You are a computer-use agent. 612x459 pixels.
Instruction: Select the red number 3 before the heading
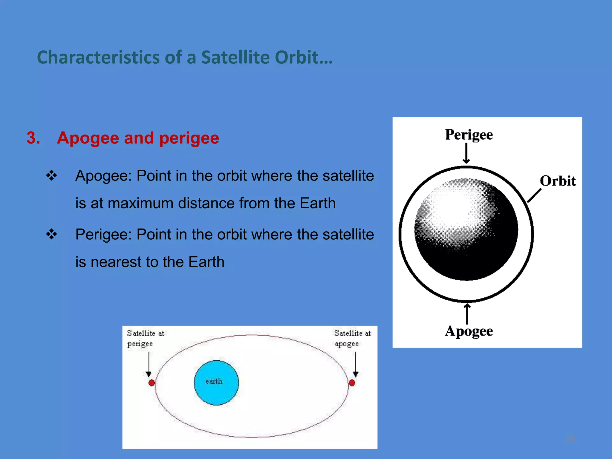pos(33,138)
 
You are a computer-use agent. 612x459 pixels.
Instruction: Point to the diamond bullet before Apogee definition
pos(51,175)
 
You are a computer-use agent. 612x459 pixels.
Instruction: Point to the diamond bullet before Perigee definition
pos(51,234)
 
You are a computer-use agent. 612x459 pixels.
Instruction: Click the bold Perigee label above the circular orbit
pos(469,135)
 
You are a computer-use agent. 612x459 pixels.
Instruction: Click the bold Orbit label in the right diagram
pos(558,181)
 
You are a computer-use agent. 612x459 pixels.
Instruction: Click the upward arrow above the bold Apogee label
pos(467,314)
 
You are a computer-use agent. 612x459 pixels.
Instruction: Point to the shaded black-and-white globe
pos(466,229)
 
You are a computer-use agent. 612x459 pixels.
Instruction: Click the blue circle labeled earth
pos(216,383)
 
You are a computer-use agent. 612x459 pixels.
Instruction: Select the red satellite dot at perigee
pos(152,383)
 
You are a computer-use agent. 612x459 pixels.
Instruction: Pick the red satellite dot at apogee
pos(352,383)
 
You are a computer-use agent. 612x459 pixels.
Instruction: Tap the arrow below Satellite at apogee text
pos(355,365)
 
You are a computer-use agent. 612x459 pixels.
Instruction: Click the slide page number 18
pos(570,438)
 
